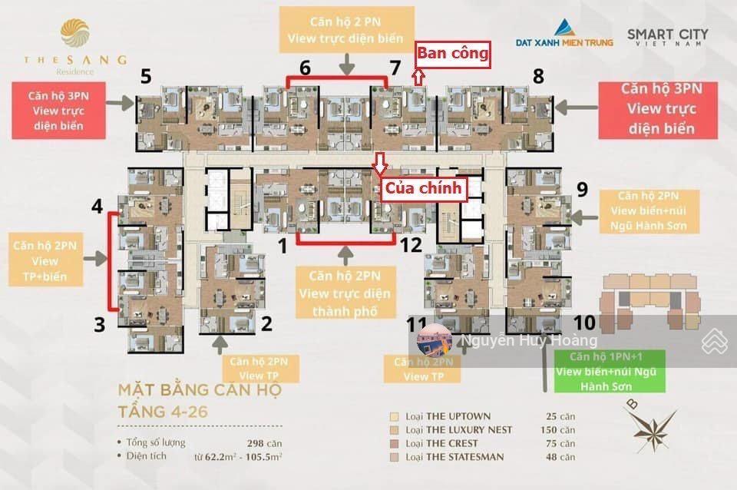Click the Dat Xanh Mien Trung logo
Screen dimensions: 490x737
[x=574, y=34]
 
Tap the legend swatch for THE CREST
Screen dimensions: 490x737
[x=395, y=443]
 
